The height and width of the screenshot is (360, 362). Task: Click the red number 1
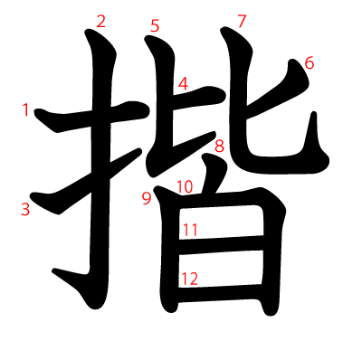pyautogui.click(x=26, y=110)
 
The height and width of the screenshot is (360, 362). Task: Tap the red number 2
pyautogui.click(x=100, y=21)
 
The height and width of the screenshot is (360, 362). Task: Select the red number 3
pyautogui.click(x=25, y=209)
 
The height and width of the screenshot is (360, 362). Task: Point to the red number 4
pyautogui.click(x=183, y=84)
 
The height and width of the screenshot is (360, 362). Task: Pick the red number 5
pyautogui.click(x=155, y=26)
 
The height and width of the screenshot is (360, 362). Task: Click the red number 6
pyautogui.click(x=309, y=63)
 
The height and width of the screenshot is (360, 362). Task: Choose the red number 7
pyautogui.click(x=241, y=21)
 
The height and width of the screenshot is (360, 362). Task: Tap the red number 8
pyautogui.click(x=219, y=144)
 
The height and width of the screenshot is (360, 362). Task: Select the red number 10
pyautogui.click(x=185, y=187)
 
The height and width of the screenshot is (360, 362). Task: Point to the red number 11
pyautogui.click(x=190, y=230)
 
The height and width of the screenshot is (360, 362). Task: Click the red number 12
pyautogui.click(x=189, y=279)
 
